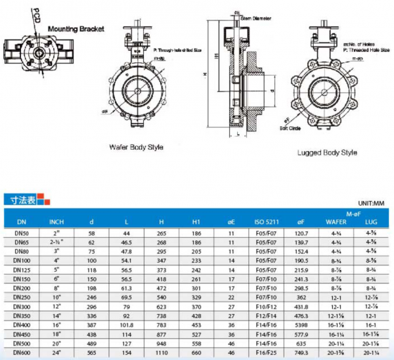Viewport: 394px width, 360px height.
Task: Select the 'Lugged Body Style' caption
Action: click(326, 152)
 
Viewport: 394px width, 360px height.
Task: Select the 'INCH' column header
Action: click(56, 221)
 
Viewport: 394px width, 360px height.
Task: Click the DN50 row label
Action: click(21, 233)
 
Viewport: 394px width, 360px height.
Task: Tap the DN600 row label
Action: click(21, 352)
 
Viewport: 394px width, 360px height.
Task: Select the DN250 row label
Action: click(21, 297)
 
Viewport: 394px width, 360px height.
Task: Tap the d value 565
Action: click(92, 352)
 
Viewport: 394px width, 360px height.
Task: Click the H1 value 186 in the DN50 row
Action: click(196, 233)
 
